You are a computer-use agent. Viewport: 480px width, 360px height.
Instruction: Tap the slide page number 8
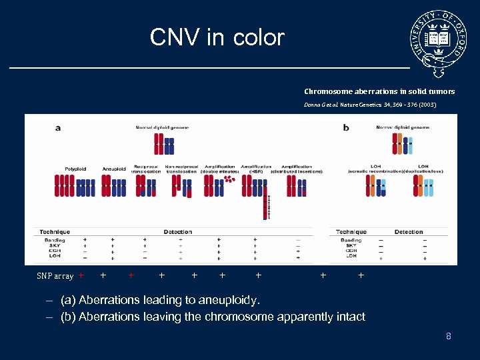pyautogui.click(x=449, y=336)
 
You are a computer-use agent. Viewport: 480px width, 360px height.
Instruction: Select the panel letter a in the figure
pyautogui.click(x=57, y=127)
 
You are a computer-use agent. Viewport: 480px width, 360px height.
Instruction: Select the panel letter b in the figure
pyautogui.click(x=345, y=127)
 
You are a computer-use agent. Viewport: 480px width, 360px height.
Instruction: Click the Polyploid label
pyautogui.click(x=75, y=169)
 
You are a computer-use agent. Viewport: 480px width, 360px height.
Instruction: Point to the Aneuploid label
pyautogui.click(x=114, y=169)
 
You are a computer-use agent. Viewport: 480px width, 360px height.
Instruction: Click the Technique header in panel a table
pyautogui.click(x=55, y=232)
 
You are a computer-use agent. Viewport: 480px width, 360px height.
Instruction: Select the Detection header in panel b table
pyautogui.click(x=409, y=232)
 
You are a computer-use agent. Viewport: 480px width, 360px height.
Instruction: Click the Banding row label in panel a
pyautogui.click(x=55, y=239)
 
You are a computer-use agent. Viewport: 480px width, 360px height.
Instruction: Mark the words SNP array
pyautogui.click(x=55, y=276)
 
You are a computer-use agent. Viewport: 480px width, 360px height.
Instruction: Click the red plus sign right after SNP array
pyautogui.click(x=81, y=275)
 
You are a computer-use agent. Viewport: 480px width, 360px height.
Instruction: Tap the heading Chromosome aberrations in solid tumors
pyautogui.click(x=379, y=91)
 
